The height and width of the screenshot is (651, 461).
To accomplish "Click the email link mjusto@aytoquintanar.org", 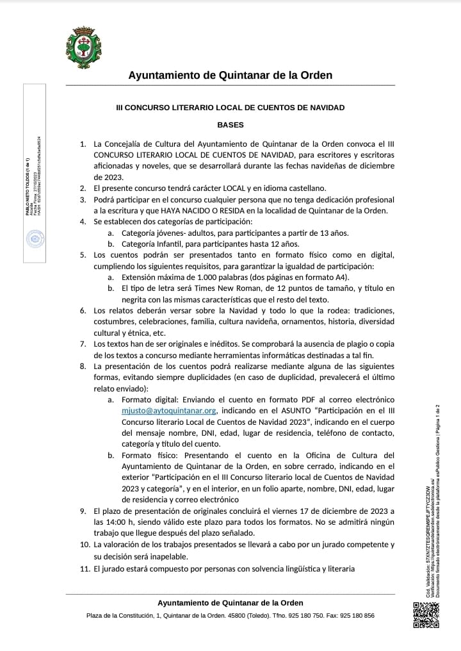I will point(170,410).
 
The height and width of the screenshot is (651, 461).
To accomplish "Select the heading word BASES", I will point(230,125).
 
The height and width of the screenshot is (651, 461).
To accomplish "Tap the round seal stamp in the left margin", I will point(33,240).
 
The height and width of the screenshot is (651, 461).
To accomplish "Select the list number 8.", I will point(84,366).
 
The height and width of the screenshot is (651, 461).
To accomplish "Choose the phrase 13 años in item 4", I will point(334,233).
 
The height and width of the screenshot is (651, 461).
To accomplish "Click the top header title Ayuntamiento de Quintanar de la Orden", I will point(230,75).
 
